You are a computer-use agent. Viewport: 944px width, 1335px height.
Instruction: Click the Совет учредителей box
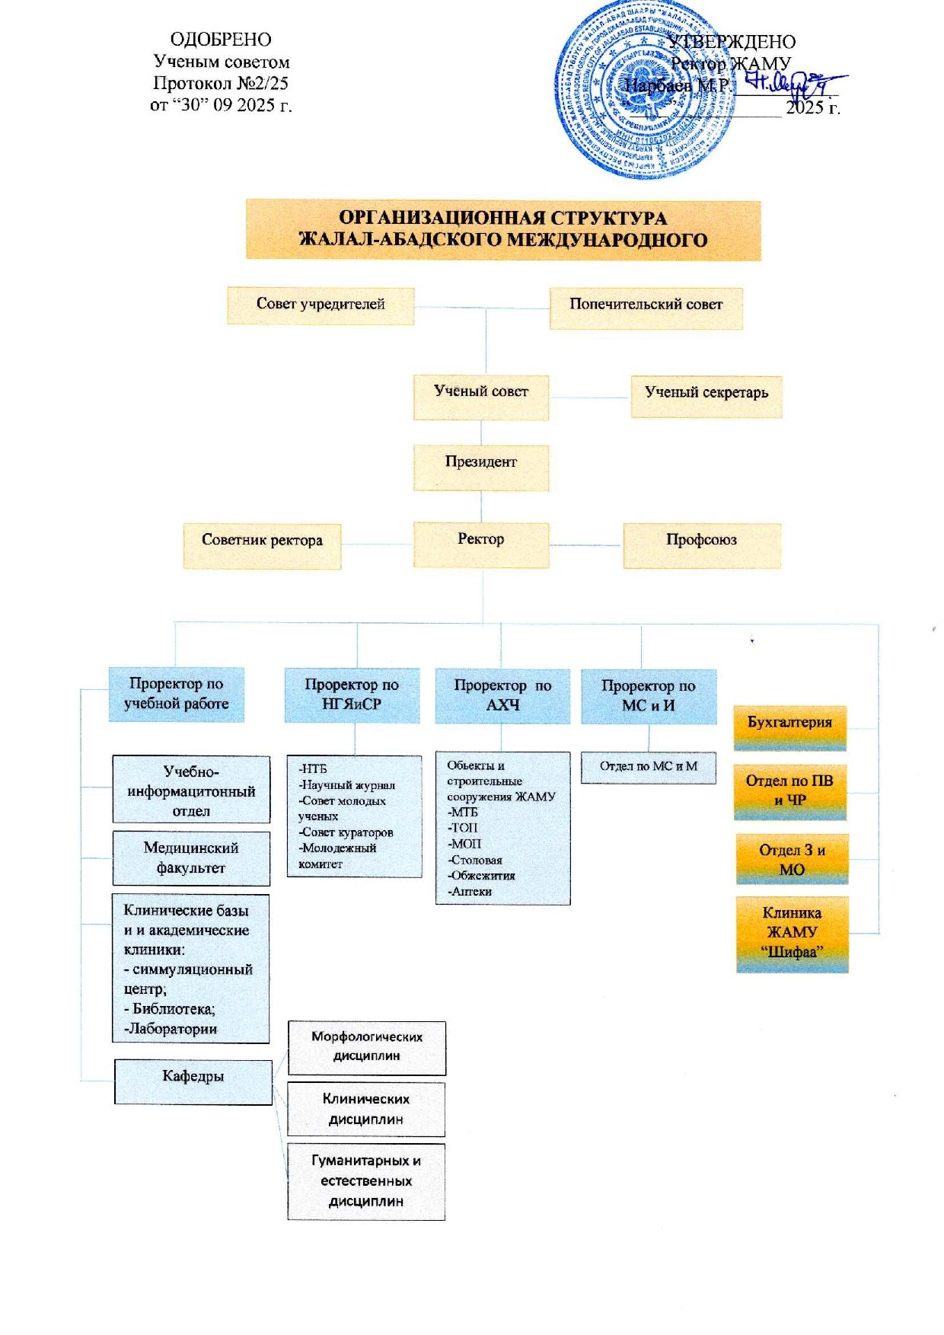[x=321, y=305]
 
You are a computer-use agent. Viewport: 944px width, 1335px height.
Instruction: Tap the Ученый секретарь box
[x=706, y=394]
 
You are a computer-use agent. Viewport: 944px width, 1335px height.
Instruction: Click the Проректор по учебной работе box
[x=177, y=694]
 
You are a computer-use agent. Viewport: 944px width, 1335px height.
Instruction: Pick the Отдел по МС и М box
[x=649, y=767]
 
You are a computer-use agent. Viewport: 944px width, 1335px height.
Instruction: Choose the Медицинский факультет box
[x=191, y=858]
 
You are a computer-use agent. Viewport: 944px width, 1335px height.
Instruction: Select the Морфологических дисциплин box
[x=366, y=1047]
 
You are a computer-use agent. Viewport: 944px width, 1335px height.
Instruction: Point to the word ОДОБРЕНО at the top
[x=221, y=40]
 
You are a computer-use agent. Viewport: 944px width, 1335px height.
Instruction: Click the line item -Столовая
[x=476, y=860]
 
